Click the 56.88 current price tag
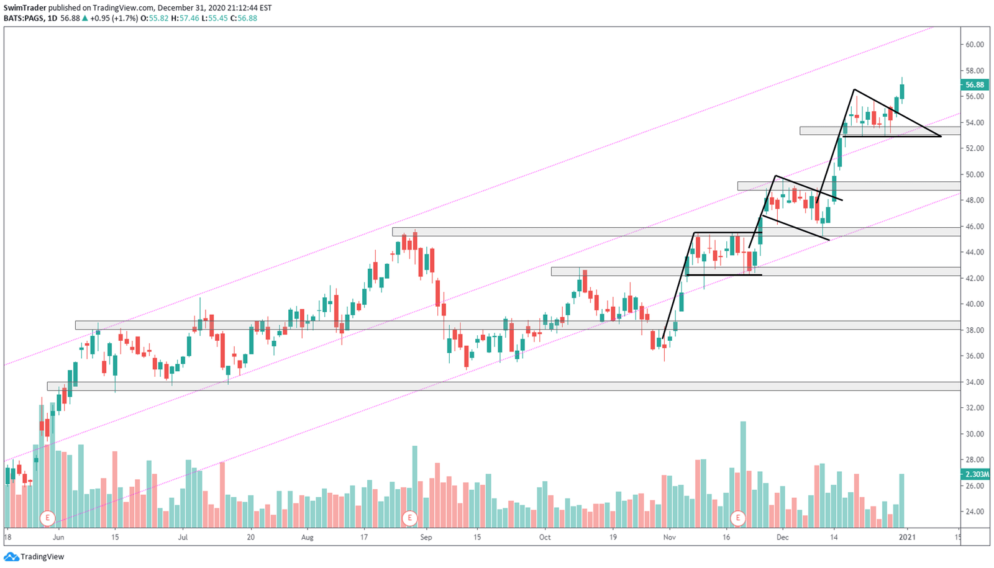click(975, 85)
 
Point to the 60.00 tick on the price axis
click(975, 45)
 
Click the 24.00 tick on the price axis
click(975, 512)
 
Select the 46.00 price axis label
click(975, 227)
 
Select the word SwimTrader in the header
click(25, 8)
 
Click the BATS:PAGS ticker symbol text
click(23, 18)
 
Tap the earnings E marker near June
click(47, 518)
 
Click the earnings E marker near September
click(409, 518)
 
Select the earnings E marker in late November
click(737, 518)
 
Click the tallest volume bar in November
click(743, 474)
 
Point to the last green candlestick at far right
click(902, 91)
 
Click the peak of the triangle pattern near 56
click(854, 90)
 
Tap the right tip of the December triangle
click(941, 136)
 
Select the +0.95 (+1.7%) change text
click(114, 18)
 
